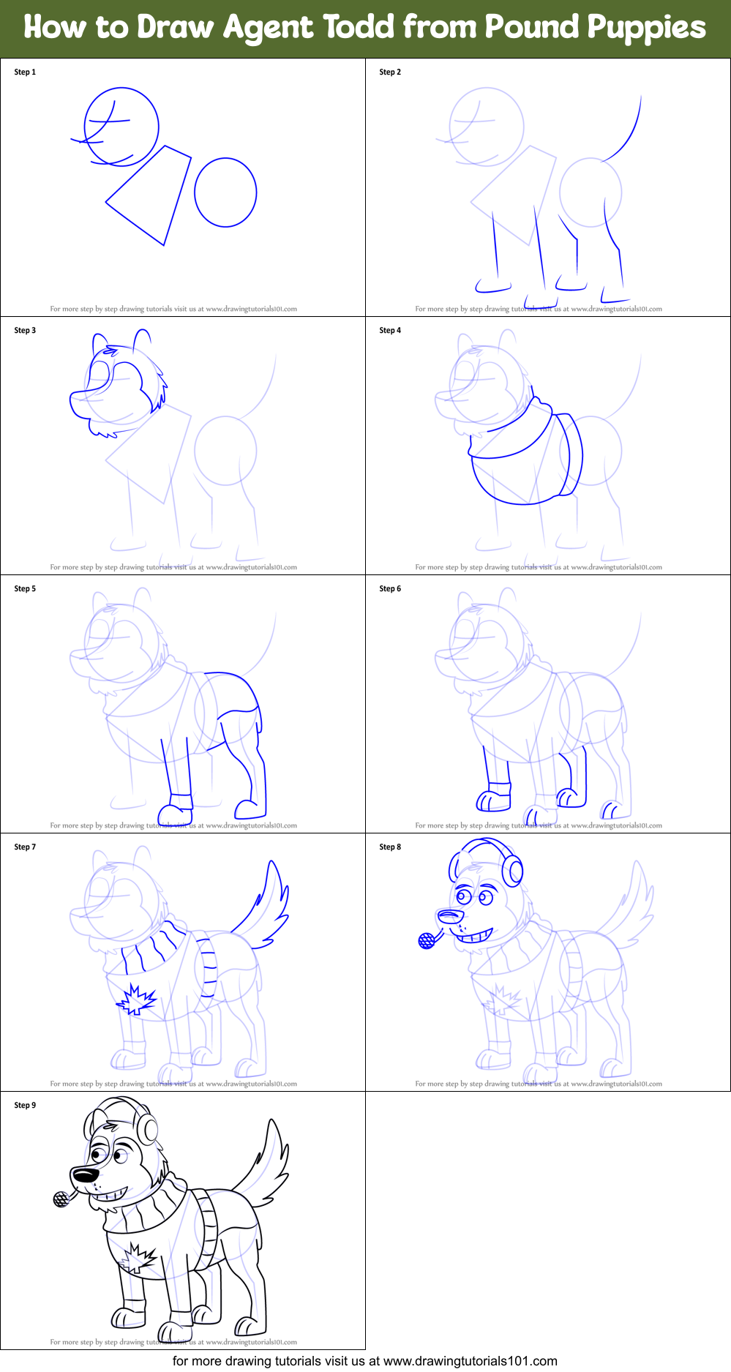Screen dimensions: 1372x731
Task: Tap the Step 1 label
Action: click(25, 72)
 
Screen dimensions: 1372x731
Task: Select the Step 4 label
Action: click(390, 330)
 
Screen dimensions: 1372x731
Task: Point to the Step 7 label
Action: click(25, 847)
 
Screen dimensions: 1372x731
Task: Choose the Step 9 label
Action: click(25, 1105)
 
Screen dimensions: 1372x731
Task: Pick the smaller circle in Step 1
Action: click(225, 192)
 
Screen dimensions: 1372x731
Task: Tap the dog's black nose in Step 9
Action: click(85, 1174)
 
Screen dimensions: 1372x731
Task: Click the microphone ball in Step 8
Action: click(427, 941)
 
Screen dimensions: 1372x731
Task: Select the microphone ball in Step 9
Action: click(61, 1199)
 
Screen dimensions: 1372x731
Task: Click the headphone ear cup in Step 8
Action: click(513, 870)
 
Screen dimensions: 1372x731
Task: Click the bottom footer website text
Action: click(364, 1361)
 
